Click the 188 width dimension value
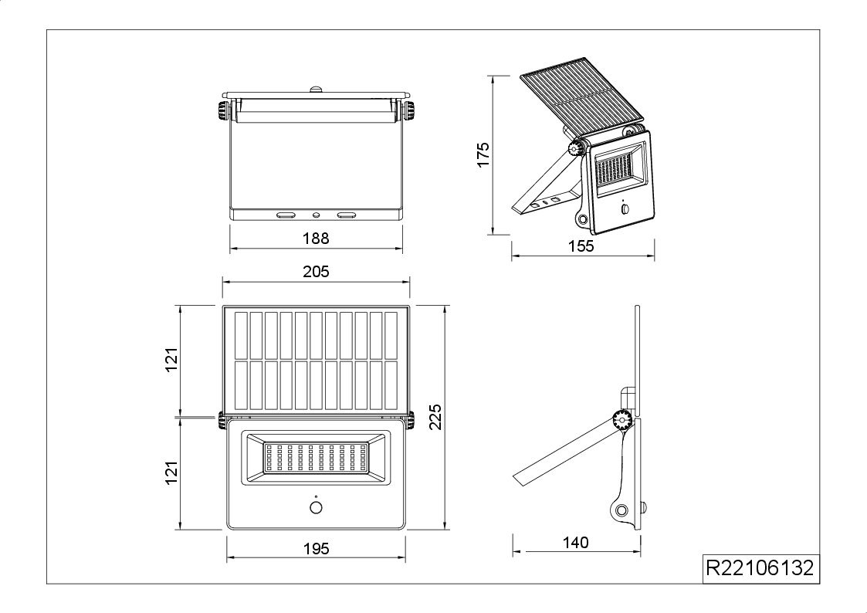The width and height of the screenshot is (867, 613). [316, 239]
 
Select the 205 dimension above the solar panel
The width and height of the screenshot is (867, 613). [316, 272]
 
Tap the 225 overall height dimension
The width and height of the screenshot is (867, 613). [435, 417]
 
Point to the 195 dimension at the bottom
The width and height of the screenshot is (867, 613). [317, 548]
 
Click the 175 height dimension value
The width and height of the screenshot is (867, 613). [483, 154]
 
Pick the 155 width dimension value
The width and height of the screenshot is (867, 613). [581, 246]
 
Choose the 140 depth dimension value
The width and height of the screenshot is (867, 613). [576, 543]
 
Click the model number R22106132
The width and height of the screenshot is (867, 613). [760, 568]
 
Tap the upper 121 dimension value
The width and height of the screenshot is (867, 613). [172, 360]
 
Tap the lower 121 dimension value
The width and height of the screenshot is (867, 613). [172, 472]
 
